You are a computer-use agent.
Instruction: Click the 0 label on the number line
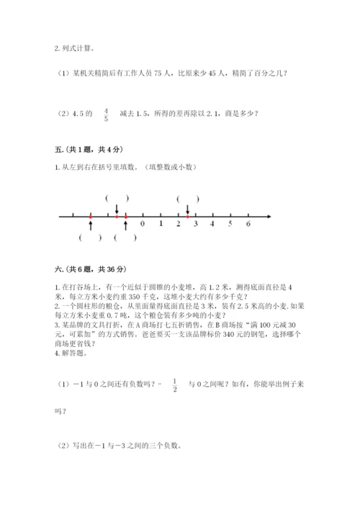143,224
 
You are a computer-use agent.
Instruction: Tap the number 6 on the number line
248,224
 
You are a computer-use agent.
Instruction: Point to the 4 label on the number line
212,224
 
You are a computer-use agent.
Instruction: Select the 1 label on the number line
160,224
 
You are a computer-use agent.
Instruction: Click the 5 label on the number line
230,224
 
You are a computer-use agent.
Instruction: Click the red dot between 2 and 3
187,215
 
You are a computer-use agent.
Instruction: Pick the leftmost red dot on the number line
90,215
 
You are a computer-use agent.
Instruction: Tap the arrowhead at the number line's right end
268,215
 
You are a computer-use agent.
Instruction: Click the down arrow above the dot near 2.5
187,207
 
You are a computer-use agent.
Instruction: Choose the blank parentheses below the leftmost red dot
91,238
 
